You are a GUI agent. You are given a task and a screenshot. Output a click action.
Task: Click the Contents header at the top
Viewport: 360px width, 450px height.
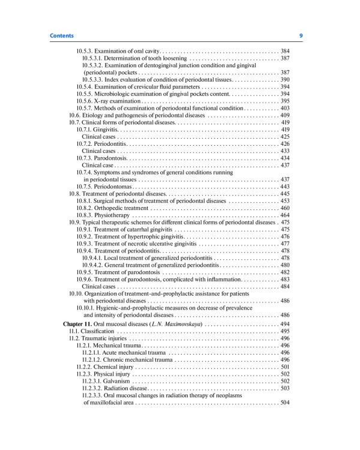62,36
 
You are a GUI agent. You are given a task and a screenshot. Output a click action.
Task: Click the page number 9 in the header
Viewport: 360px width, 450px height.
301,36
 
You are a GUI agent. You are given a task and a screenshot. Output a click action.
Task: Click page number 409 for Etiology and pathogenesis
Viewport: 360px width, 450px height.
285,115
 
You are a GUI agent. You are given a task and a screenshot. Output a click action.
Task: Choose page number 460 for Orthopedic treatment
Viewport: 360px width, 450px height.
285,208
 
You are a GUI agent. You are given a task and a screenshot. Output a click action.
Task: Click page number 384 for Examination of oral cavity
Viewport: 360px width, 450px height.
285,51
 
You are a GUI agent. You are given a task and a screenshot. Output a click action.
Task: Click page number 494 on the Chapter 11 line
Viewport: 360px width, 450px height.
285,324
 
